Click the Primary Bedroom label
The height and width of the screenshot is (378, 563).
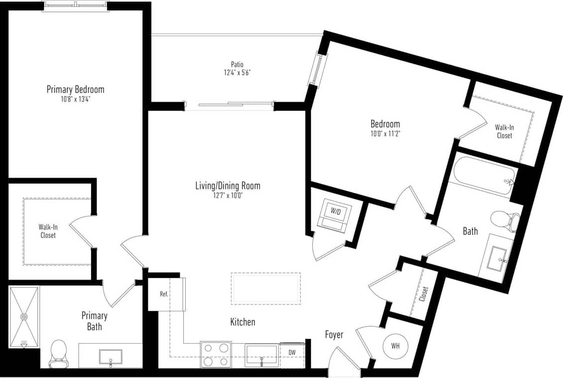click(75, 90)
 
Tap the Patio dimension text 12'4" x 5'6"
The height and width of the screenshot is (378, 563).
click(237, 73)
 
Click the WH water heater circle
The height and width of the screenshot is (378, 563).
click(395, 346)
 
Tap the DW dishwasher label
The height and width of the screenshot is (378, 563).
click(292, 352)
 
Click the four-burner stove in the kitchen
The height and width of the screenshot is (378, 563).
click(216, 354)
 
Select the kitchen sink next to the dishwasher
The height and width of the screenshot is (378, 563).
click(261, 355)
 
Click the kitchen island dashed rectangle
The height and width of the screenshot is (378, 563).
click(266, 288)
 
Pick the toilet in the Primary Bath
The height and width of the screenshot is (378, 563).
click(59, 353)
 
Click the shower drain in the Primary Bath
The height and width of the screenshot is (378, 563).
click(24, 316)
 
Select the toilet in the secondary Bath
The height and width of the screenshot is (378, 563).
click(505, 221)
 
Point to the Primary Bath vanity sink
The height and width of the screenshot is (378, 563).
click(111, 356)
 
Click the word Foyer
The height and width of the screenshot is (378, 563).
click(334, 335)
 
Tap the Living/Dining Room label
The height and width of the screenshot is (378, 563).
click(227, 186)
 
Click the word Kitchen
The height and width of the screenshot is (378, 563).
click(242, 322)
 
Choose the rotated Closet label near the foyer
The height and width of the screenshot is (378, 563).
click(424, 294)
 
